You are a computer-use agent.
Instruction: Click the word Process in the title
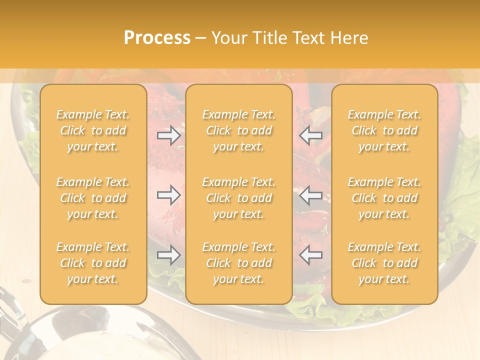(157, 38)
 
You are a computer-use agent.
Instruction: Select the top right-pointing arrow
(169, 135)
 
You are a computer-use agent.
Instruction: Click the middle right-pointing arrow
(169, 195)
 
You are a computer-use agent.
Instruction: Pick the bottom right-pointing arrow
(169, 255)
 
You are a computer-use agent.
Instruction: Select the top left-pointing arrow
(311, 135)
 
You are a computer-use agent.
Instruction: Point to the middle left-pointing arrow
(311, 195)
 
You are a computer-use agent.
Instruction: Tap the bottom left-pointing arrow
(311, 255)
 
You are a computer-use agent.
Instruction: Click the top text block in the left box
(93, 130)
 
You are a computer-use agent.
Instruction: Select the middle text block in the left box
(93, 198)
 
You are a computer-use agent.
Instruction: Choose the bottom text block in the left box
(93, 263)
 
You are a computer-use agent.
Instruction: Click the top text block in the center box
(239, 130)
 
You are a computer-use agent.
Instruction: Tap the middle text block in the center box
(239, 198)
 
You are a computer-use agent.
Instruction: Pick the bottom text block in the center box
(239, 263)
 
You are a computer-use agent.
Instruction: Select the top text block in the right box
(384, 130)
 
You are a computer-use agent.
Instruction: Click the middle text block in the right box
(384, 198)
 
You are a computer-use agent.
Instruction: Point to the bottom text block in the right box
(384, 263)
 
